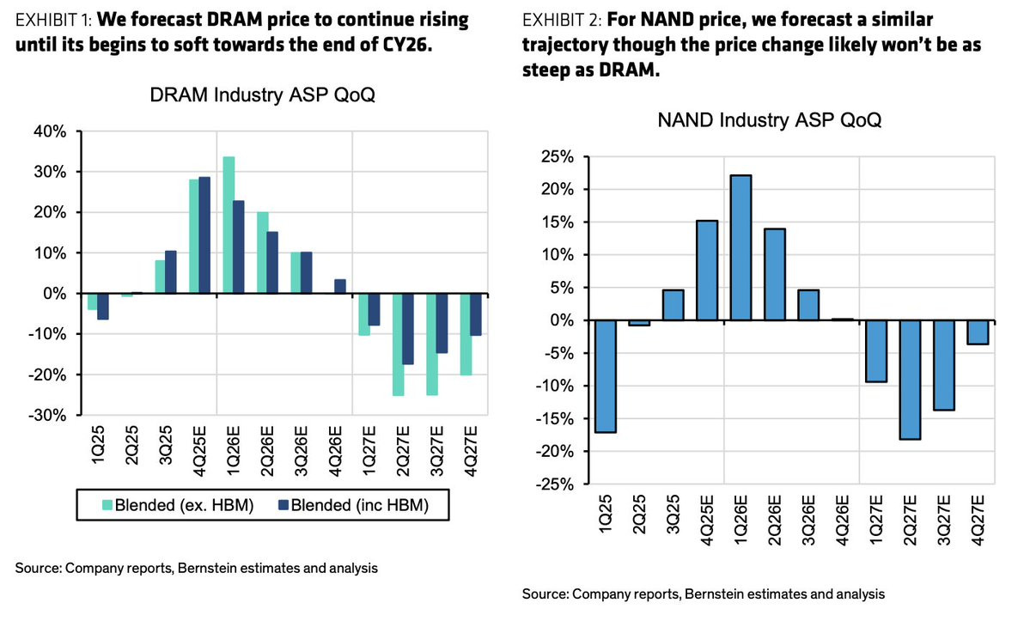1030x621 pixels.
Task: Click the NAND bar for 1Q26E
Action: [x=740, y=247]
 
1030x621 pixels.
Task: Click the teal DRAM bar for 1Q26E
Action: [x=229, y=225]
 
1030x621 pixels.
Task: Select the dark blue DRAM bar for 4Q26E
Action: [x=340, y=286]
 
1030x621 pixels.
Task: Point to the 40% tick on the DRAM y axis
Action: [x=51, y=131]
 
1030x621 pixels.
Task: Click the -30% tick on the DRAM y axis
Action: [x=48, y=415]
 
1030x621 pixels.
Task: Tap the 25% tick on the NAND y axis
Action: [x=555, y=156]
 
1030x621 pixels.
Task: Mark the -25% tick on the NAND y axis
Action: [x=552, y=484]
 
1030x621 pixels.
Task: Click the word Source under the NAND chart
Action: [x=545, y=594]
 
